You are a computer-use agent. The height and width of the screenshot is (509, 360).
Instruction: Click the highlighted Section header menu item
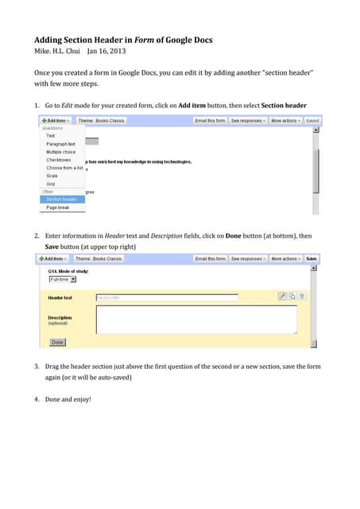[x=61, y=199]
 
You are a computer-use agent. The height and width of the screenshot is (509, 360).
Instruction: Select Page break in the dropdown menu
[x=57, y=208]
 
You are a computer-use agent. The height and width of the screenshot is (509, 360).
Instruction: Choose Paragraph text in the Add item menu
[x=60, y=144]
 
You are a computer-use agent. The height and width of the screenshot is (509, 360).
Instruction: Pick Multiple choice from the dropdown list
[x=61, y=152]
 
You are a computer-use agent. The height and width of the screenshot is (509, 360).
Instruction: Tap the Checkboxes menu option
[x=58, y=160]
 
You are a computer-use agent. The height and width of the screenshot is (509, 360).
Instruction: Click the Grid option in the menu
[x=51, y=183]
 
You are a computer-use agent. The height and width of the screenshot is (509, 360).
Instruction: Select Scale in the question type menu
[x=52, y=176]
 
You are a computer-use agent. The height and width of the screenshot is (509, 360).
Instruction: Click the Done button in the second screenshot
[x=57, y=342]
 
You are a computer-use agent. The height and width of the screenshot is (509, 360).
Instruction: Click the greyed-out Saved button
[x=312, y=122]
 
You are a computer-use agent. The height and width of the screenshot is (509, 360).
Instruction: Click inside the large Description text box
[x=196, y=320]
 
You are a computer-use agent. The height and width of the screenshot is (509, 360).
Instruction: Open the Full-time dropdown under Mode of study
[x=62, y=279]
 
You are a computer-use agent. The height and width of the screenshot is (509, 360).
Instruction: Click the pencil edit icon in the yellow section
[x=282, y=297]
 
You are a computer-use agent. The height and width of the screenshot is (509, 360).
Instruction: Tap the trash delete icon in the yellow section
[x=302, y=297]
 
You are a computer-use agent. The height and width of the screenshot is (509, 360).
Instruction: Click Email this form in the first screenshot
[x=210, y=122]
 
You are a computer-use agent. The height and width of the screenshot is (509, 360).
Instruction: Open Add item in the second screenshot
[x=54, y=258]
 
